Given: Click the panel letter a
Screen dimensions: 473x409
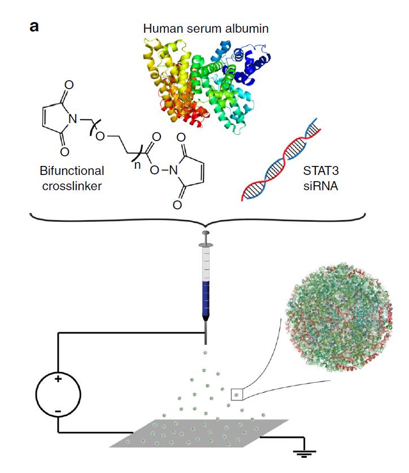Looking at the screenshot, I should [x=34, y=27].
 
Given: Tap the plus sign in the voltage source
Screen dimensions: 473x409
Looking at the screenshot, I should [x=58, y=379].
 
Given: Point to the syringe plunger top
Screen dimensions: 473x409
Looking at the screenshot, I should [x=205, y=233].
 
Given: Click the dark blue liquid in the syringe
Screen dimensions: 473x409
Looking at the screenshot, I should [x=205, y=299].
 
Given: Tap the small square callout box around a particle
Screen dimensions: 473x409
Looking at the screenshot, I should [x=237, y=394].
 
